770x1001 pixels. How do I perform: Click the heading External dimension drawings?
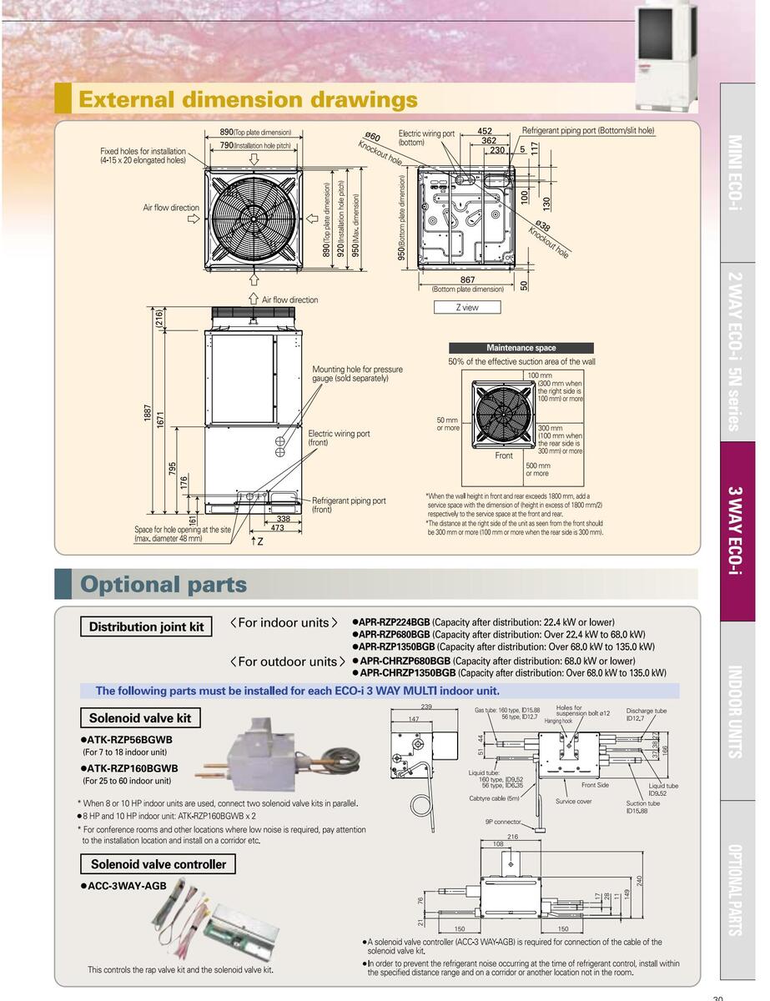(x=247, y=100)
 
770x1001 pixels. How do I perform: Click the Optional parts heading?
(x=164, y=585)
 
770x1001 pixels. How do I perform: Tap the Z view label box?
(x=467, y=307)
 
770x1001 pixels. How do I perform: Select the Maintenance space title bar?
(x=521, y=348)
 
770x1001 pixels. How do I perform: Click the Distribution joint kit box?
(x=146, y=627)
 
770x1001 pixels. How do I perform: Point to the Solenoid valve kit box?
(x=140, y=718)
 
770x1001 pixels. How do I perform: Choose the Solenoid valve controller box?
(x=158, y=864)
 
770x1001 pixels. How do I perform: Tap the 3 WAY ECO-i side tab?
(x=737, y=531)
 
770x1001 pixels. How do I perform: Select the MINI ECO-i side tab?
(x=737, y=172)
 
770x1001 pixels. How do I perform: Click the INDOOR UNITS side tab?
(x=737, y=711)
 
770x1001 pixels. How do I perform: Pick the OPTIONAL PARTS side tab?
(x=737, y=890)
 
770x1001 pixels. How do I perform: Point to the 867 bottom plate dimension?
(x=467, y=280)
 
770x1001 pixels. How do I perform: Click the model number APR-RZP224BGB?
(x=394, y=622)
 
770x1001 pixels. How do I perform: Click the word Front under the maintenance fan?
(x=504, y=455)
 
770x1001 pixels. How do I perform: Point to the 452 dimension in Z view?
(x=485, y=131)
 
